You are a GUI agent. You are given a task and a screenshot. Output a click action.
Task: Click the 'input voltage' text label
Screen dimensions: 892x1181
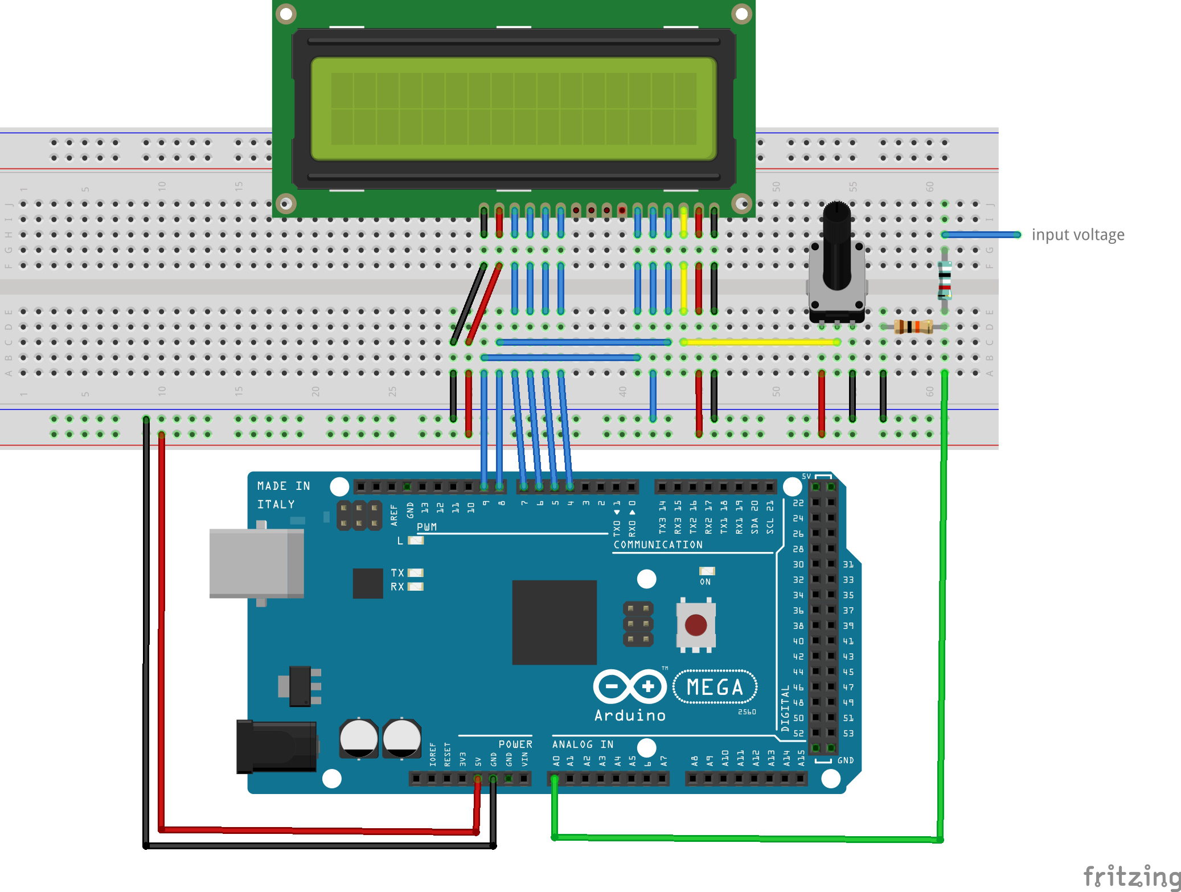(1077, 235)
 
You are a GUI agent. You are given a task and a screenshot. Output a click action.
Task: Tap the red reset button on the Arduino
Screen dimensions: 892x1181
(695, 624)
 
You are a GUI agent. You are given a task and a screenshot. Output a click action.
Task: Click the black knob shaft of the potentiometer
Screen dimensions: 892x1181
(836, 245)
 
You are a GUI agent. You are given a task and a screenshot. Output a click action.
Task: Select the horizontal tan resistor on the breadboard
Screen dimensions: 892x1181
(913, 326)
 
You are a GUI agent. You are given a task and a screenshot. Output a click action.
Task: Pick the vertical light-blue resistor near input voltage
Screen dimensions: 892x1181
(944, 280)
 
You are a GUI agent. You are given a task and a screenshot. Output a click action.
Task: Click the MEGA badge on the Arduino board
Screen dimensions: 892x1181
(715, 687)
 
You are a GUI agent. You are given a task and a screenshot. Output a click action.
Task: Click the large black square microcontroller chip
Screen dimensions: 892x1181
(554, 622)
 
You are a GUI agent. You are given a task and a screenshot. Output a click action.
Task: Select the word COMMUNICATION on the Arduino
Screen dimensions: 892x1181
(658, 545)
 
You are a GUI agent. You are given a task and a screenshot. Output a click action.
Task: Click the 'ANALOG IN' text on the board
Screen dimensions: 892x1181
(582, 744)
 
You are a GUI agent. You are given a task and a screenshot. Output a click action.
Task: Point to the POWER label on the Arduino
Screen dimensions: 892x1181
(515, 744)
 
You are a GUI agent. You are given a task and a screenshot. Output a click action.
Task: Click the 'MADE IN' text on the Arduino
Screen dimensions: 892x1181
(283, 486)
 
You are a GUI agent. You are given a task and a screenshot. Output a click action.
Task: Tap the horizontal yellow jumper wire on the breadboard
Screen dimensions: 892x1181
(760, 342)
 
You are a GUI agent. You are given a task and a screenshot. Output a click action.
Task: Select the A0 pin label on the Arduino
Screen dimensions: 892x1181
(556, 760)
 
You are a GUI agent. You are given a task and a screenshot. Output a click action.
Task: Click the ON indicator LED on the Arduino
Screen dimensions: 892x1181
(707, 571)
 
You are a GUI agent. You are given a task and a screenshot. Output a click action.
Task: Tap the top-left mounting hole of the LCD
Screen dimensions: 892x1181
(286, 13)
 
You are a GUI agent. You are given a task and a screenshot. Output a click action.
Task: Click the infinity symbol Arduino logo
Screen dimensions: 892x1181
(629, 686)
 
